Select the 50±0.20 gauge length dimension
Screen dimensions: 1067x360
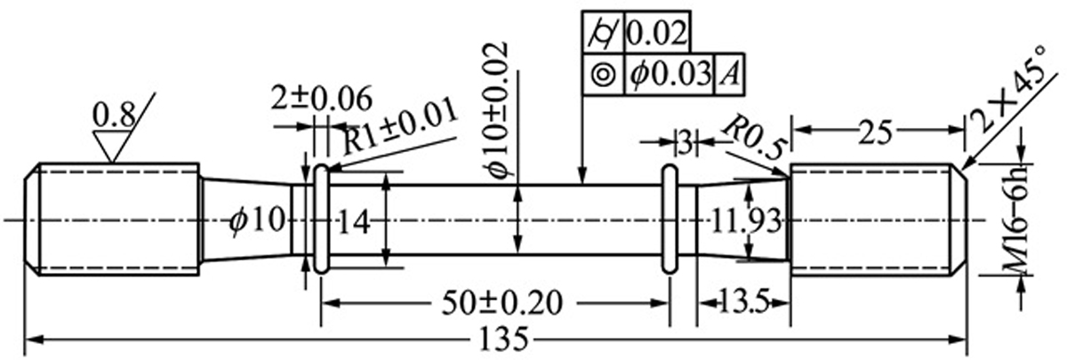502,303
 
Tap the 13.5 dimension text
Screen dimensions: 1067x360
743,302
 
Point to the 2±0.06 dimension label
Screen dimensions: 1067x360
321,100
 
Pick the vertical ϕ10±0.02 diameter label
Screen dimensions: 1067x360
496,110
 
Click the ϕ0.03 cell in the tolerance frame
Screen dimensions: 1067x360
670,75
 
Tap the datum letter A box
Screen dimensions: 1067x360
729,75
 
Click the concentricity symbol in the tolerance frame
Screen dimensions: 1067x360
604,75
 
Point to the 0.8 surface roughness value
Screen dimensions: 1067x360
114,116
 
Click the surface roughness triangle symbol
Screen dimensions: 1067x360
111,148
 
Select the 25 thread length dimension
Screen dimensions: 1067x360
876,132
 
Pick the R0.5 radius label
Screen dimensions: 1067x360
752,138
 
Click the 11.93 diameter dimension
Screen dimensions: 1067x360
746,222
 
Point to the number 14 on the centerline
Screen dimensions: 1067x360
354,222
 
